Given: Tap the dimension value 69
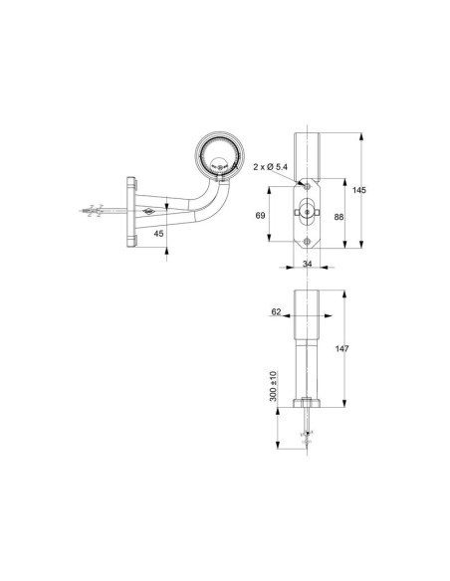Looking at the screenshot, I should tap(261, 216).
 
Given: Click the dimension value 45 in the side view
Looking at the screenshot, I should tap(158, 234).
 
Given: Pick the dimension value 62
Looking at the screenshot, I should tap(277, 312).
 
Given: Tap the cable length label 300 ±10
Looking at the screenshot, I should tap(275, 388).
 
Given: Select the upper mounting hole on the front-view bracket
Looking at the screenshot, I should tap(307, 186).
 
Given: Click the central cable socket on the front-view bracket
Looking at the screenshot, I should tap(308, 211).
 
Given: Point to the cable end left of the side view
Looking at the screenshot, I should tap(91, 212).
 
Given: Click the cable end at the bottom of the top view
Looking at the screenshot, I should tap(308, 435).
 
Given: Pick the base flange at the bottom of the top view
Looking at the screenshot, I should tap(307, 402).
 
